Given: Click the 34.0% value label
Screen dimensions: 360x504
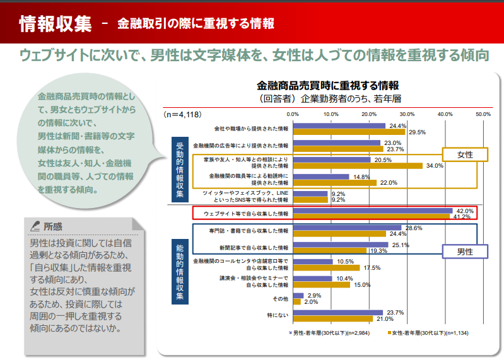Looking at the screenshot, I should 435,166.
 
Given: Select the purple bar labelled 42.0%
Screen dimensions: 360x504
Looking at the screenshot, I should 373,210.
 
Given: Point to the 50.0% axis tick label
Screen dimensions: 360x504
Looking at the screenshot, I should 483,114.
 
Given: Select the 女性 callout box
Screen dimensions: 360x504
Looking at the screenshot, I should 465,154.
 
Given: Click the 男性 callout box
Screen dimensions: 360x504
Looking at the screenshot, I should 465,250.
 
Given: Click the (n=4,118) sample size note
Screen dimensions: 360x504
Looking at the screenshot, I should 181,114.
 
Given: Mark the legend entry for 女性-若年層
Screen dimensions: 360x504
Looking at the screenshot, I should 426,332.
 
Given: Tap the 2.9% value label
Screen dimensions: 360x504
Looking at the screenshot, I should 314,295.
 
